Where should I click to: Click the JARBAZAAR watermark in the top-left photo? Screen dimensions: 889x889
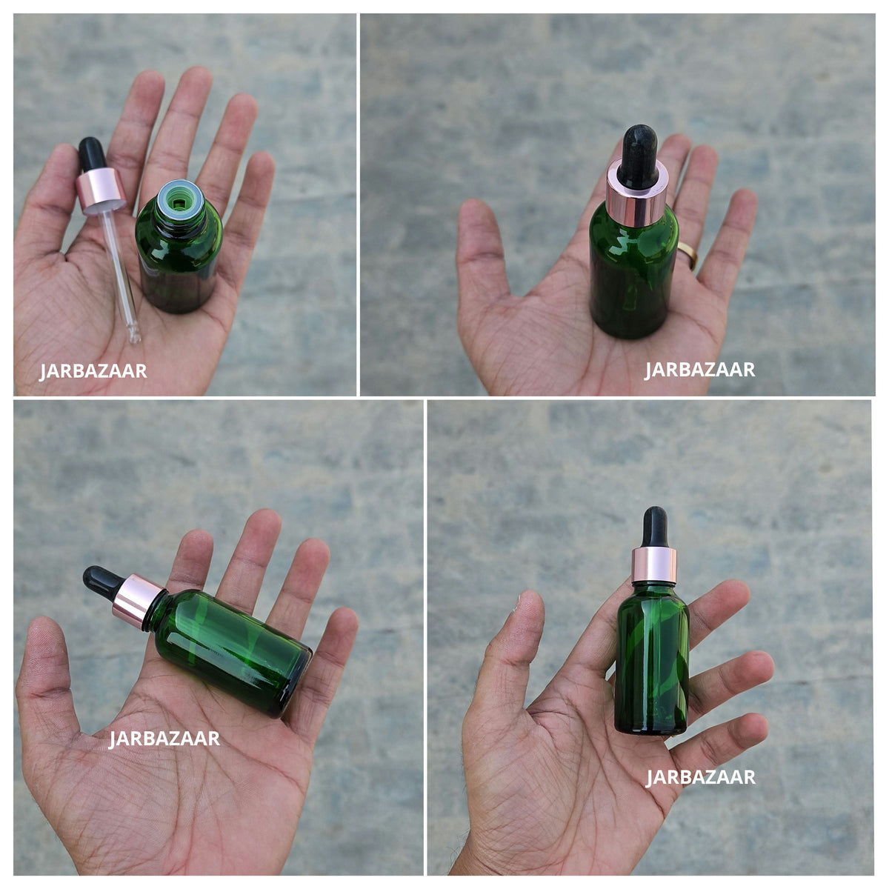click(93, 371)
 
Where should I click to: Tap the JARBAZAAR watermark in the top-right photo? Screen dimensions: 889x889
click(699, 370)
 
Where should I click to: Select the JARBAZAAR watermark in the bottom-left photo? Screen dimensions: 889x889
click(164, 739)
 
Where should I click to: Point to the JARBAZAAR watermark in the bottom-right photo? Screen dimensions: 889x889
click(700, 777)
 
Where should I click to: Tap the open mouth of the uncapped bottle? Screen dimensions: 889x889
click(180, 202)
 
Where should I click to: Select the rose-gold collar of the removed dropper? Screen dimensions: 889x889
click(101, 190)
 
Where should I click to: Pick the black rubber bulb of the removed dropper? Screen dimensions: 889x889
click(93, 153)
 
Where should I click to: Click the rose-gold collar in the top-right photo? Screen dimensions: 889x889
click(636, 194)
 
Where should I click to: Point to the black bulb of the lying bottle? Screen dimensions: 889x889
click(103, 583)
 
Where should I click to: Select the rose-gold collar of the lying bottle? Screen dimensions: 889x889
click(136, 601)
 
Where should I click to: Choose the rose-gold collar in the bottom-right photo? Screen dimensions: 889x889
click(654, 565)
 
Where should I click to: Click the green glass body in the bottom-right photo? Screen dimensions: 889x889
click(653, 660)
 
